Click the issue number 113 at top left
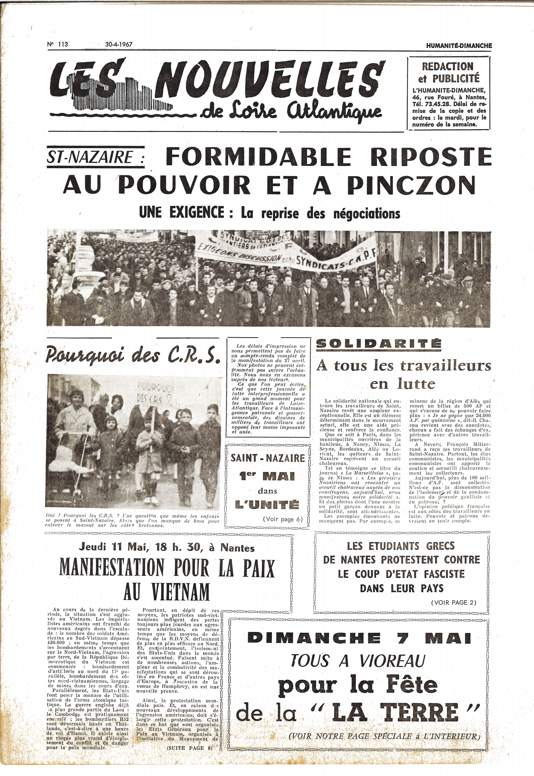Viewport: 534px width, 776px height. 58,44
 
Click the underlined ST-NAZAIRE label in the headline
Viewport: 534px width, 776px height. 95,157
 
